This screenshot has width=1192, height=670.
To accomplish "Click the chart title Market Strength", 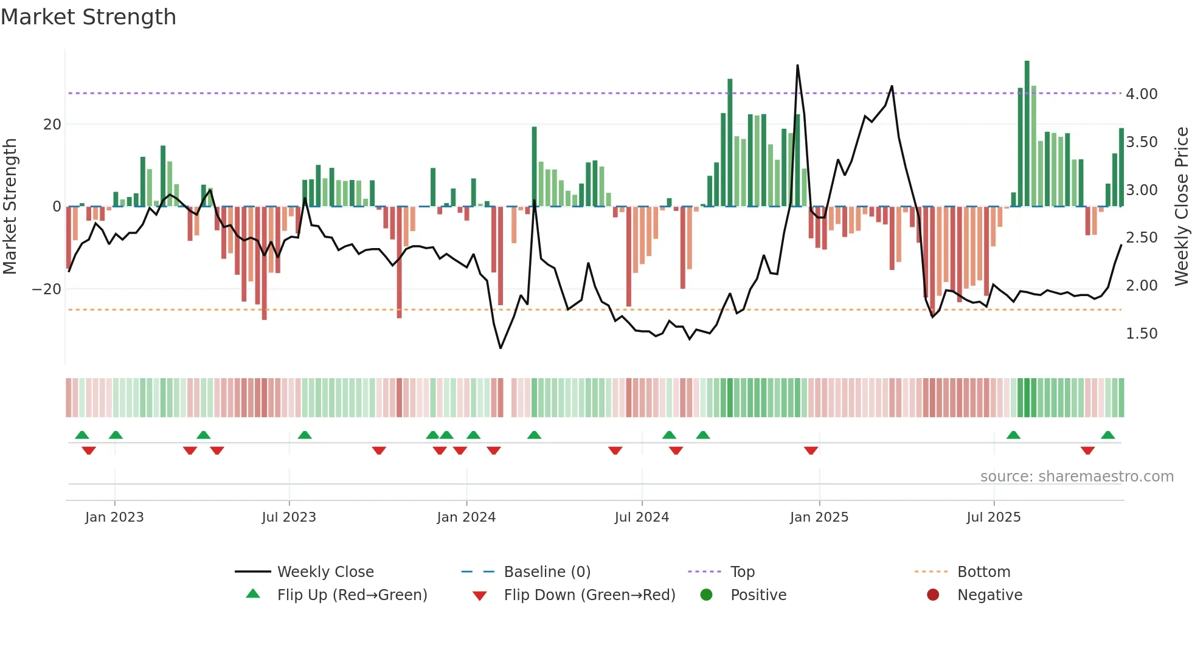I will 88,17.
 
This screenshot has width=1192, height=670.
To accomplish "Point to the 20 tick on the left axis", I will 52,125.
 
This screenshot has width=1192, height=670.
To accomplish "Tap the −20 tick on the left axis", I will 47,289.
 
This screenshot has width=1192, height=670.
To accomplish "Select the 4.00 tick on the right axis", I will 1142,94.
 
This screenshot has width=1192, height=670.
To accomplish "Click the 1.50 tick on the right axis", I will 1142,334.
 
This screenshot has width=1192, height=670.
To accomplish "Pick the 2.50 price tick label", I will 1142,238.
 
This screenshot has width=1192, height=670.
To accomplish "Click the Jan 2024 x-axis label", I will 466,517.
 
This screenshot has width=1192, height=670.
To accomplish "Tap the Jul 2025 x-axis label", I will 993,517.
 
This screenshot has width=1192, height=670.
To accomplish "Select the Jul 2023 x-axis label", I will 289,517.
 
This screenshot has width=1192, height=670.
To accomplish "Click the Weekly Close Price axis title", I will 1181,207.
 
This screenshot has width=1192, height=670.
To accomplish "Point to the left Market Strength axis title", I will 10,207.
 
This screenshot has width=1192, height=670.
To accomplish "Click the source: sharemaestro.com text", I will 1076,477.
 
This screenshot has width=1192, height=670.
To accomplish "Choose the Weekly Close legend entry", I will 325,572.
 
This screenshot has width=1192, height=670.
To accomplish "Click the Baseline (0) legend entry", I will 547,572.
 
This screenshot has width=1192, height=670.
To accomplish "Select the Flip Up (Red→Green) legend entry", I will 352,595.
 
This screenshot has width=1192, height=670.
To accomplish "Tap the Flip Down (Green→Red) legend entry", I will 589,595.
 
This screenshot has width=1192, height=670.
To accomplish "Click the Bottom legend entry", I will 983,572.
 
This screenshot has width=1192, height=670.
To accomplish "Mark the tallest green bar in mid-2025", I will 1027,134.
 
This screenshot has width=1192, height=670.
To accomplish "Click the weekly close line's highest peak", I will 797,66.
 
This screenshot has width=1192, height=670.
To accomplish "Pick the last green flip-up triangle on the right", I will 1107,435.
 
